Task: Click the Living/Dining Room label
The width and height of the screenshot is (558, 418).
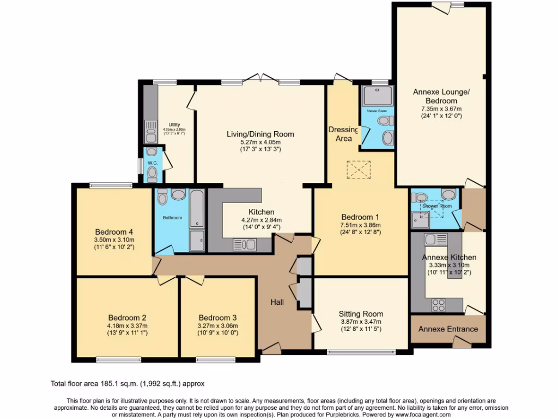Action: tap(260, 134)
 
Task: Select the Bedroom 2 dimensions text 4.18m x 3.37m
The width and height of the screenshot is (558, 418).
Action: tap(128, 325)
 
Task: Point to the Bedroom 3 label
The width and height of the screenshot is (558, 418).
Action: tap(217, 318)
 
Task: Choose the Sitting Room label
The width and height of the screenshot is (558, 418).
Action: tap(361, 313)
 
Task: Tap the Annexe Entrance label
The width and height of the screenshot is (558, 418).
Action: tap(448, 329)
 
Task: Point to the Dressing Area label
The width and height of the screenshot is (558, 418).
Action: tap(343, 134)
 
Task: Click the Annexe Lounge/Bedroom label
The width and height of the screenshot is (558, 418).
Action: tap(441, 96)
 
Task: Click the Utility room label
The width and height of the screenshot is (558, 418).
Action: tap(174, 125)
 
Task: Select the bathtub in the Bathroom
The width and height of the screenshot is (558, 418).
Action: tap(197, 208)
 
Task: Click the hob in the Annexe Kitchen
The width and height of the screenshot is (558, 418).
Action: tap(439, 305)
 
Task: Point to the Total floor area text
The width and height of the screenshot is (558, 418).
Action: tap(128, 383)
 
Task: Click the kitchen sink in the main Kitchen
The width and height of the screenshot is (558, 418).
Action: tap(244, 244)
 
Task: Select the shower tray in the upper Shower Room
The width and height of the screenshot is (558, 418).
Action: tap(376, 96)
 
